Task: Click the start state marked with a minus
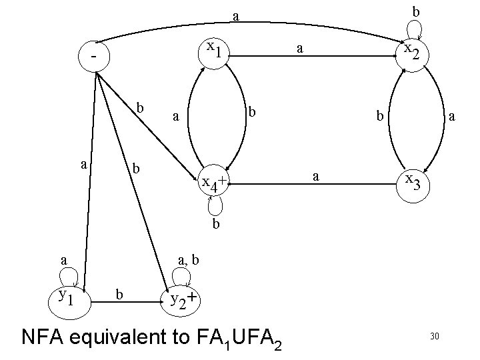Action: click(x=97, y=57)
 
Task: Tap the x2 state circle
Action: click(x=412, y=51)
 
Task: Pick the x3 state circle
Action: click(x=412, y=182)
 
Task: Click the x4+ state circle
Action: click(x=213, y=181)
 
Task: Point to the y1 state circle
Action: click(x=68, y=295)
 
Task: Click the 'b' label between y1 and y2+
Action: click(x=119, y=293)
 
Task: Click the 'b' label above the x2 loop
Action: click(x=415, y=11)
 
